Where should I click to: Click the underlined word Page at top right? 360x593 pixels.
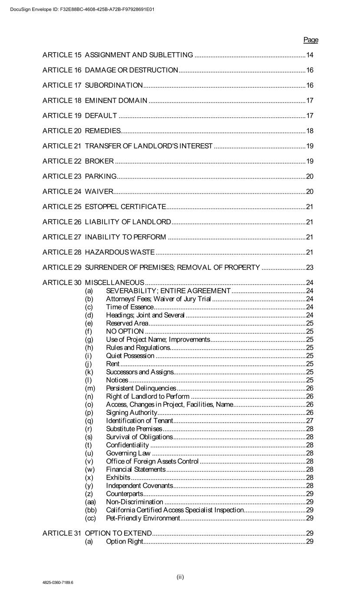click(x=310, y=40)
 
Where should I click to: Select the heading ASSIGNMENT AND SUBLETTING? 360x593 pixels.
click(x=139, y=55)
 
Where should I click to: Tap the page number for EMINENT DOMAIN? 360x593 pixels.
click(x=310, y=100)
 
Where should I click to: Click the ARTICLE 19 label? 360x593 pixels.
click(x=62, y=116)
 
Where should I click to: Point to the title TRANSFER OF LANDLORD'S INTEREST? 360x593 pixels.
click(x=149, y=146)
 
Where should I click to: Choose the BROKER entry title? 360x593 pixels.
click(x=99, y=161)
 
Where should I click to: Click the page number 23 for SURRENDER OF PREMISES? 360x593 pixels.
click(x=310, y=267)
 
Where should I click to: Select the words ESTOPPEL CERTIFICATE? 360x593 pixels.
click(x=125, y=207)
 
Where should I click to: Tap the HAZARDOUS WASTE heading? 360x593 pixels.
click(x=119, y=252)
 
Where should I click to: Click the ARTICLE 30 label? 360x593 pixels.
click(x=62, y=283)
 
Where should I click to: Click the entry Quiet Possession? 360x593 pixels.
click(x=130, y=356)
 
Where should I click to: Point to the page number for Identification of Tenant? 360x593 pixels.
click(x=310, y=421)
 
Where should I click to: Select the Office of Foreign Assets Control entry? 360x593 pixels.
click(x=152, y=461)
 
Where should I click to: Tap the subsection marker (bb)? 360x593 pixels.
click(x=91, y=510)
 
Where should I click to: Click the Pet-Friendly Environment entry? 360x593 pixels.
click(x=143, y=518)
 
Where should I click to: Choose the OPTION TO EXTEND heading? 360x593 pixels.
click(x=118, y=533)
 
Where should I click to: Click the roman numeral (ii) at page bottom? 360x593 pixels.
click(x=180, y=577)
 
